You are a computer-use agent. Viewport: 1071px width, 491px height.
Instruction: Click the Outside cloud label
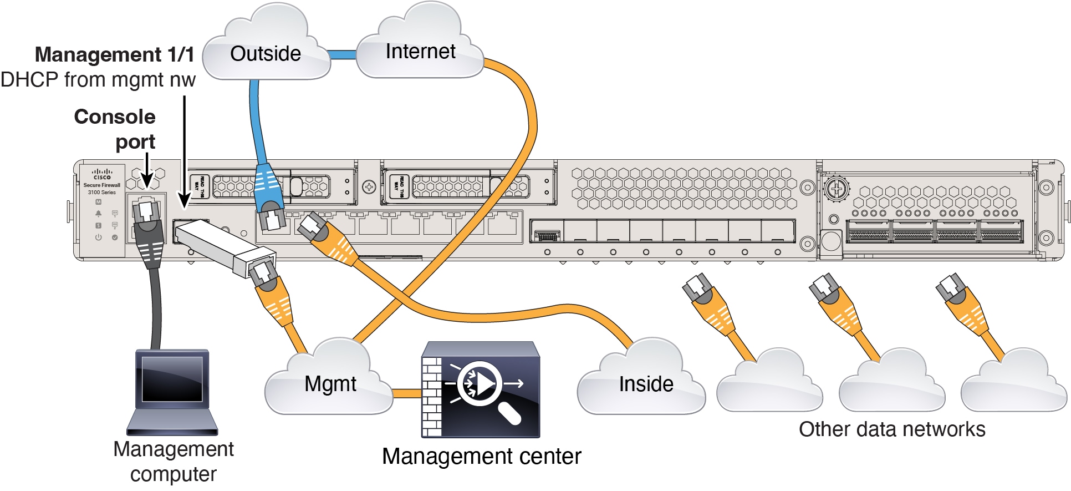pyautogui.click(x=266, y=54)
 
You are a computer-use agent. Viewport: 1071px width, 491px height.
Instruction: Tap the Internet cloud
pyautogui.click(x=420, y=52)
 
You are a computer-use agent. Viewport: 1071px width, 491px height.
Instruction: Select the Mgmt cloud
pyautogui.click(x=330, y=384)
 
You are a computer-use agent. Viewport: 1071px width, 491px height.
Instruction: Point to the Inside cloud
pyautogui.click(x=646, y=384)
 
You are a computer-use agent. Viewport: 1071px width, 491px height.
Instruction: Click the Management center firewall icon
pyautogui.click(x=480, y=389)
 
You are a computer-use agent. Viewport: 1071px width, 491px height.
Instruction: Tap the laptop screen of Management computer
pyautogui.click(x=172, y=379)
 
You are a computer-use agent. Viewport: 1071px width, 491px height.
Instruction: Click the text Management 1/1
pyautogui.click(x=115, y=54)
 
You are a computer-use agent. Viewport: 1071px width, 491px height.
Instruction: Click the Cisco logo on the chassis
pyautogui.click(x=102, y=174)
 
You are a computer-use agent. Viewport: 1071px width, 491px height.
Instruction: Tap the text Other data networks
pyautogui.click(x=892, y=429)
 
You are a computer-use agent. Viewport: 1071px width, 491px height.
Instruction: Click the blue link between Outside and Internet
pyautogui.click(x=343, y=54)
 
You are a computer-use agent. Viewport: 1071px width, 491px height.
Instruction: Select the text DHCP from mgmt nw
pyautogui.click(x=98, y=80)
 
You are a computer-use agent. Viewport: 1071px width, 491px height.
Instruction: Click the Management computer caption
pyautogui.click(x=173, y=462)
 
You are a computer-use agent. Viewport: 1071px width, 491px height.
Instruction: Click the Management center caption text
pyautogui.click(x=481, y=457)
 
